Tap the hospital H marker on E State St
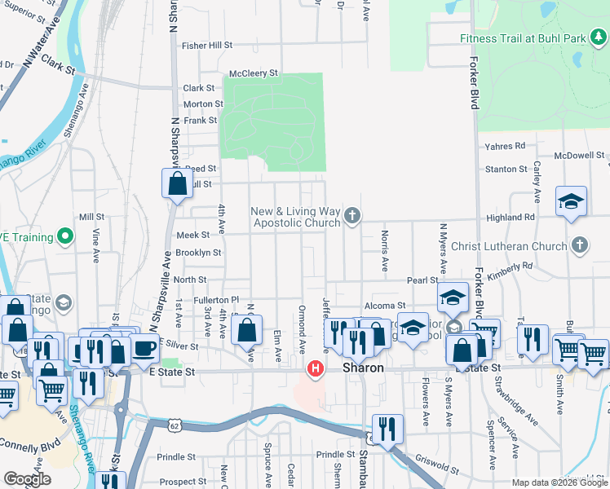coord(314,370)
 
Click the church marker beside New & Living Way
coord(352,216)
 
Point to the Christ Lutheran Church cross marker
coord(579,244)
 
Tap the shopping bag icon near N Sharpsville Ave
coord(177,184)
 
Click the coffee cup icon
coord(144,348)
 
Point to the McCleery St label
coord(254,73)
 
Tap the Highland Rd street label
coord(510,218)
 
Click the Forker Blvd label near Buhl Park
coord(474,86)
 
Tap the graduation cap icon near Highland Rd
coord(571,200)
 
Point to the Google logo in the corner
coord(27,478)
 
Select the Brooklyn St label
coord(197,253)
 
